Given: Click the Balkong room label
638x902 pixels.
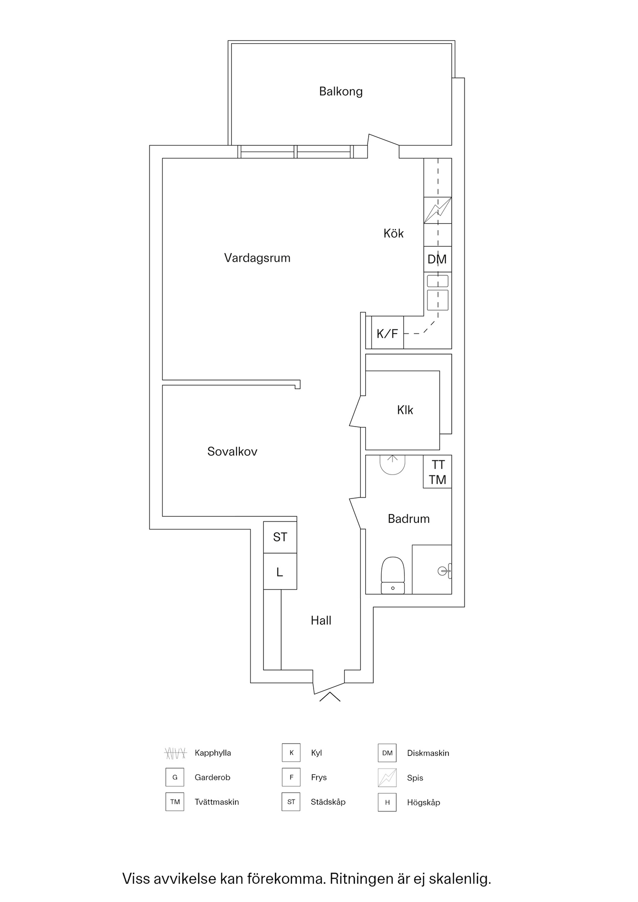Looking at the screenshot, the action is click(x=341, y=91).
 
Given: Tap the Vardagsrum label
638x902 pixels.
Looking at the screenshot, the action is click(x=257, y=258).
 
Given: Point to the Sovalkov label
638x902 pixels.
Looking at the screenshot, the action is click(x=232, y=451).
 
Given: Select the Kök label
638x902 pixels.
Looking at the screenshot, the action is click(x=394, y=233).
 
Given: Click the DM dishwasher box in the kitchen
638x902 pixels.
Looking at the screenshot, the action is click(x=437, y=259).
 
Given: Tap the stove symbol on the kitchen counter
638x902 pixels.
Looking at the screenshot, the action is click(x=438, y=210).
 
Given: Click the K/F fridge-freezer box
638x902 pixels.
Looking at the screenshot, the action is click(x=387, y=334).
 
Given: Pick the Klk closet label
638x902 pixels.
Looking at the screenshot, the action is click(x=405, y=410).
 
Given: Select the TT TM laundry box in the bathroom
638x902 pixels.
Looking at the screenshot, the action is click(x=438, y=472).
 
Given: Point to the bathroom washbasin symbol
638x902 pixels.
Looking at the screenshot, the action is click(x=393, y=465).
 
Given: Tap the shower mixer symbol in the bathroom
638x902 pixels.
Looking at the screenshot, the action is click(x=444, y=571).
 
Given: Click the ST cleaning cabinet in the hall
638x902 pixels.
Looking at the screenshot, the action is click(x=280, y=537).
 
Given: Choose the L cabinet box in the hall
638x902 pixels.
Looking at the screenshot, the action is click(x=280, y=572).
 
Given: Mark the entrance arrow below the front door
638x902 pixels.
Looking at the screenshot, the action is click(x=330, y=697).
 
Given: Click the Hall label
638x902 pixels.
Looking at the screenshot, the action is click(x=321, y=621).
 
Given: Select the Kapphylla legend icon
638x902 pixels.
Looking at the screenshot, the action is click(x=175, y=753).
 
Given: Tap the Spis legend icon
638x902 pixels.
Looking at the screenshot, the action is click(x=387, y=778).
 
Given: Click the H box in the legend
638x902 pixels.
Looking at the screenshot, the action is click(x=387, y=802).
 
